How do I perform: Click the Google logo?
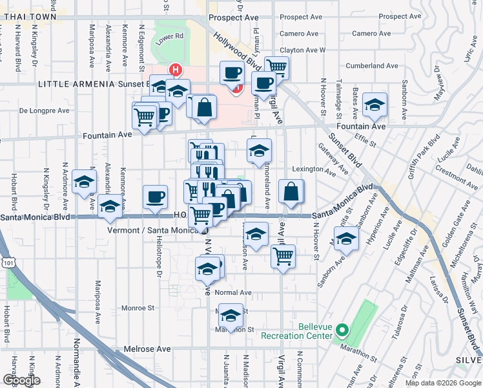[21, 380]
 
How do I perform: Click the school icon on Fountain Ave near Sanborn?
[375, 103]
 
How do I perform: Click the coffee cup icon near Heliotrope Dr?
[155, 197]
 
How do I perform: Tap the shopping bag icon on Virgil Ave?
[291, 191]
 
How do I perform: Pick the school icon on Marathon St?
[230, 315]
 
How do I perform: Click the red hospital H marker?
[174, 69]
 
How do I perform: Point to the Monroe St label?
[137, 308]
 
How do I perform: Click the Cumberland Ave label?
[371, 66]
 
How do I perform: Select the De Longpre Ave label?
[44, 111]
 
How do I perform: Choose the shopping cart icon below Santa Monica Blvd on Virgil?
[283, 255]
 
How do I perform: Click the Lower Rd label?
[171, 37]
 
